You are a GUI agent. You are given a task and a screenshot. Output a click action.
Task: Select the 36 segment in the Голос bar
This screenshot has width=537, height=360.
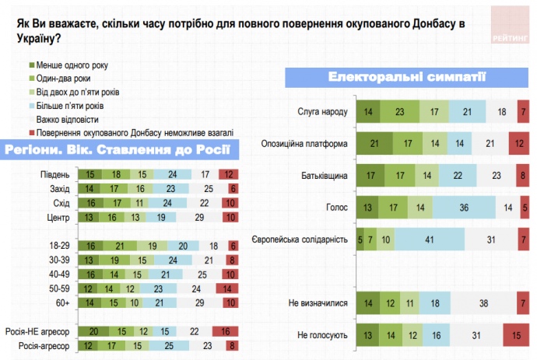pos(463,207)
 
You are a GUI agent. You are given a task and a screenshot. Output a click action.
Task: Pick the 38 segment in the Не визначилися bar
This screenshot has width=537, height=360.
pos(485,302)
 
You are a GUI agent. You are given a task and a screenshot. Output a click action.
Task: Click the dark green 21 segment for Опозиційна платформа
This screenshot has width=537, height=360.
pos(374,143)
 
